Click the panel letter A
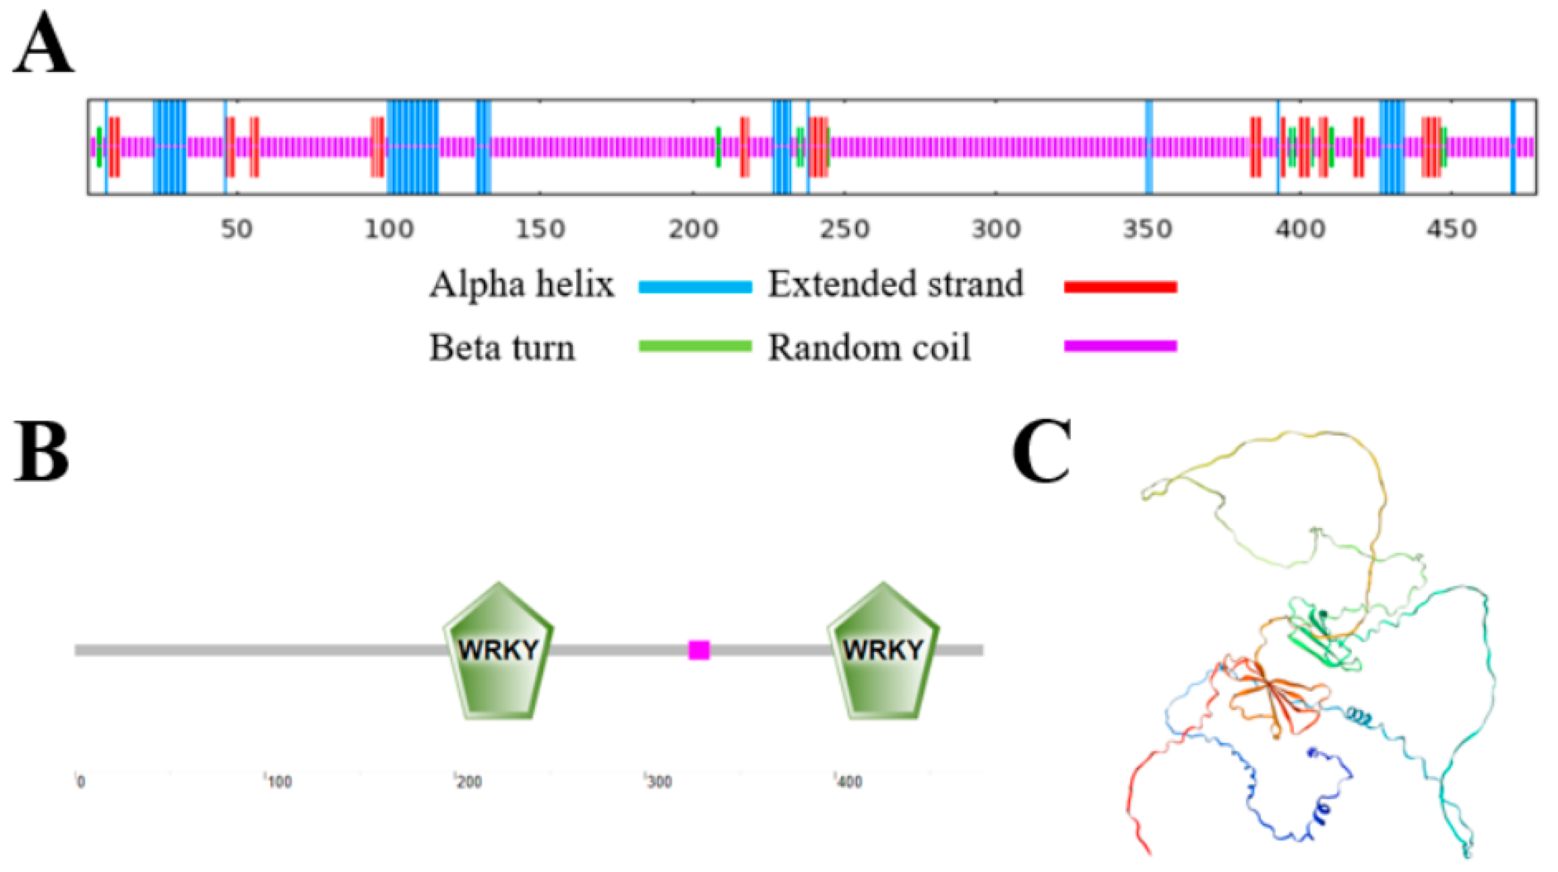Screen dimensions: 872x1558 tap(44, 44)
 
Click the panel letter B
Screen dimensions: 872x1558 tap(41, 452)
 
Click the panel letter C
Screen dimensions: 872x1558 tap(1042, 452)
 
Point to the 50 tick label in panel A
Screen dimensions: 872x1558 tap(236, 230)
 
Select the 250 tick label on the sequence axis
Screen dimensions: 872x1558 tap(844, 230)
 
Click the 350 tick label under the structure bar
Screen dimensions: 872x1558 tap(1148, 230)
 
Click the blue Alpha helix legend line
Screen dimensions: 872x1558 tap(695, 287)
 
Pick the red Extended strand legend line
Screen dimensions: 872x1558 tap(1121, 287)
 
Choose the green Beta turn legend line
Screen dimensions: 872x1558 tap(695, 346)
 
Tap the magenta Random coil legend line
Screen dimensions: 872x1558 tap(1121, 346)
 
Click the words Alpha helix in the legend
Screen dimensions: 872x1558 tap(521, 284)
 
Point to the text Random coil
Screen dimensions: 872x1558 tap(869, 348)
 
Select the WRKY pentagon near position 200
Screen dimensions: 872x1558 tap(498, 651)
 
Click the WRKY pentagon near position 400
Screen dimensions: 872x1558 tap(883, 651)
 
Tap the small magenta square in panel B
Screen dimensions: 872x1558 tap(699, 650)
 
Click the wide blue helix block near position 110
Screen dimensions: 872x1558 tap(413, 147)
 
